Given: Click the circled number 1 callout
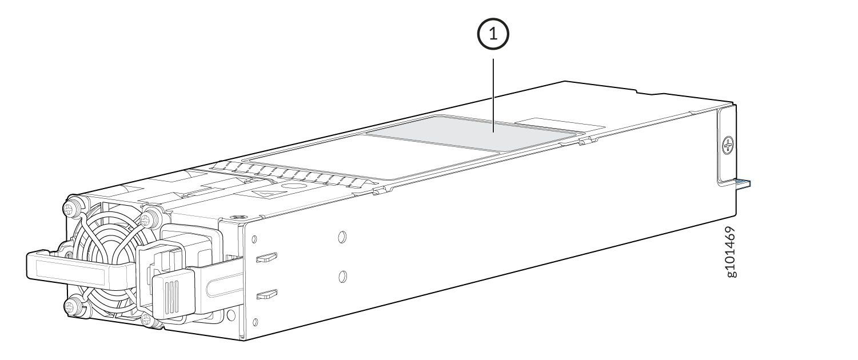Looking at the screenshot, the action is (x=493, y=34).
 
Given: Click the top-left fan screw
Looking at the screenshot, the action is (x=71, y=208).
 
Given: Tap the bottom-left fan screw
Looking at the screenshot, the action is (x=71, y=306).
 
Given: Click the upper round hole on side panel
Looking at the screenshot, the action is (x=342, y=237).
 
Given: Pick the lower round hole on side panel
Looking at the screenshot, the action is (x=343, y=276).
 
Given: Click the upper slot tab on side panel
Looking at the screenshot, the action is (x=266, y=257).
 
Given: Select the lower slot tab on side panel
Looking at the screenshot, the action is (x=267, y=294).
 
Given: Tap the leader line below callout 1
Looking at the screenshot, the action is (x=493, y=95).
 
